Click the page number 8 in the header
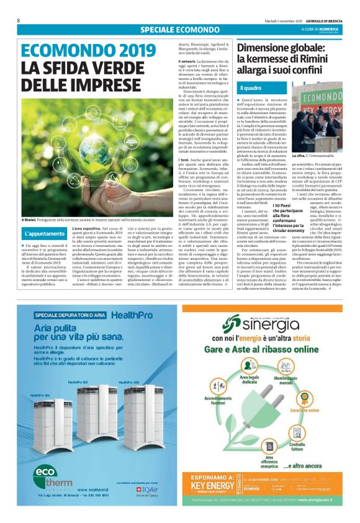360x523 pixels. point(19,20)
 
